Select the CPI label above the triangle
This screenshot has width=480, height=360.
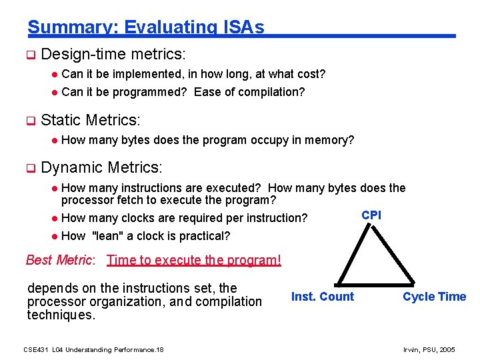pos(371,215)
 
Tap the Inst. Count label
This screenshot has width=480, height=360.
pos(323,297)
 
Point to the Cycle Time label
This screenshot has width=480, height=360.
pos(434,297)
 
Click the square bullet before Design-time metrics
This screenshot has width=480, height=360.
pos(29,54)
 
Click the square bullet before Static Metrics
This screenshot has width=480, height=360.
pos(29,121)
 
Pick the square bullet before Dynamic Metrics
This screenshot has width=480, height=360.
pos(29,168)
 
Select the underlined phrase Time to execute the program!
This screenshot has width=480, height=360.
pos(193,260)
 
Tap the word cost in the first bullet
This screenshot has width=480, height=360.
pos(306,73)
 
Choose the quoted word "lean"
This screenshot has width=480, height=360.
pos(108,235)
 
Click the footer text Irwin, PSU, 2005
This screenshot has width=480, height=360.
pos(429,349)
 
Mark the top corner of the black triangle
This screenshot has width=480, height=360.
pos(372,225)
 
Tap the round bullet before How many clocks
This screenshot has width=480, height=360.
pos(56,218)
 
